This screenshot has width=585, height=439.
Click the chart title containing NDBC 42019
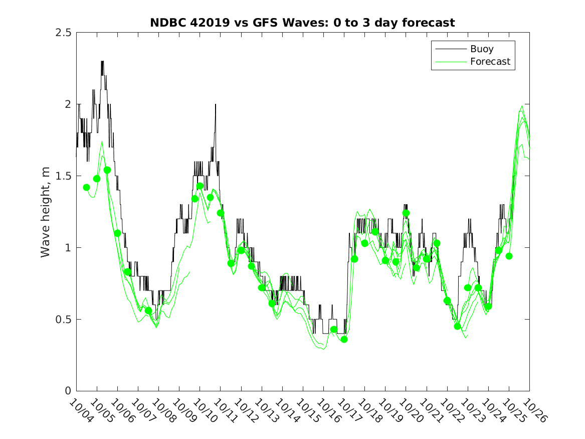(x=303, y=23)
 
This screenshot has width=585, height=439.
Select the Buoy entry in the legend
(x=481, y=49)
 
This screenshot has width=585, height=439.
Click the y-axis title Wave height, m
(x=46, y=212)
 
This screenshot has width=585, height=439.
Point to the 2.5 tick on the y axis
(x=64, y=33)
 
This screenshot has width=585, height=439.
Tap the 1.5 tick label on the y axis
(x=64, y=176)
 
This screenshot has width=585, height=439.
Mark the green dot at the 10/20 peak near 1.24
(x=406, y=213)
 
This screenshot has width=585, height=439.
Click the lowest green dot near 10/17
(x=344, y=340)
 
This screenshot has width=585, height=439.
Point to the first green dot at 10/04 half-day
(x=86, y=188)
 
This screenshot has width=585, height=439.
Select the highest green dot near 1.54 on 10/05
(x=107, y=170)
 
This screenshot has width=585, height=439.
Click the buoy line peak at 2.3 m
(x=102, y=62)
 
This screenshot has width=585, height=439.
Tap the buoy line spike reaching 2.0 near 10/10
(x=216, y=104)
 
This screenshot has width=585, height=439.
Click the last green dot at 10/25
(x=509, y=256)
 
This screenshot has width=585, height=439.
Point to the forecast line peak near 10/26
(x=522, y=106)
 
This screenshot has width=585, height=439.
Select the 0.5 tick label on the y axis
(x=64, y=320)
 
